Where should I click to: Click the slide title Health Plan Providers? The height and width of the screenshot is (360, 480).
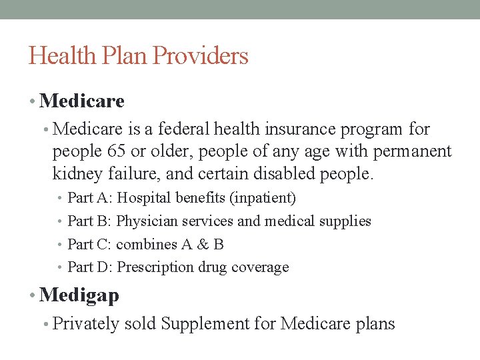click(x=138, y=55)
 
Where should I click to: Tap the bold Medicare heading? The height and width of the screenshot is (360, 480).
click(x=81, y=101)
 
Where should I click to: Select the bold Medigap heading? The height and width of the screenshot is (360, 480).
click(x=79, y=295)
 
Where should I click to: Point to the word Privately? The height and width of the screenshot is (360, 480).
click(x=85, y=325)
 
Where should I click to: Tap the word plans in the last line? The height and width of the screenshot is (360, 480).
click(x=376, y=325)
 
